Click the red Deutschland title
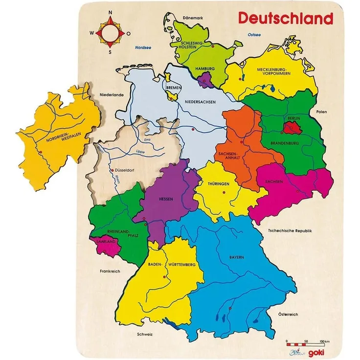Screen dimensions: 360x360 pos(285,19)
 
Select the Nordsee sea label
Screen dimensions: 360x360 pos(142,47)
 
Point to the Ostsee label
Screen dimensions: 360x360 pos(254,35)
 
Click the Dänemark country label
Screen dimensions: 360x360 pos(179,18)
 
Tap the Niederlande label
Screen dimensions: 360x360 pos(98,95)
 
